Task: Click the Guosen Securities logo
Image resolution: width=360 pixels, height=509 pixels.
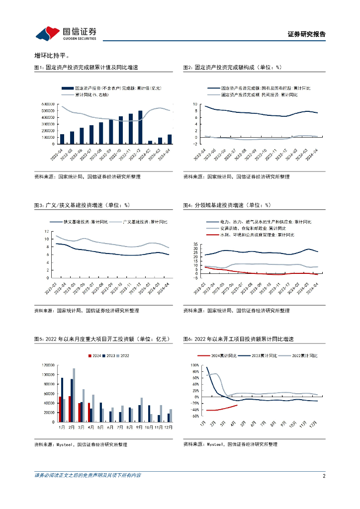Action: [66, 33]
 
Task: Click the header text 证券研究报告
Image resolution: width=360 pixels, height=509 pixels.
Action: [306, 34]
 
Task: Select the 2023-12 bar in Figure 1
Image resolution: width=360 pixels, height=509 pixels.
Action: [140, 127]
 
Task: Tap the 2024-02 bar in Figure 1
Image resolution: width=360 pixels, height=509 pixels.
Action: [150, 142]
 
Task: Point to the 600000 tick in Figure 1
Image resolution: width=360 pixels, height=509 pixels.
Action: [48, 104]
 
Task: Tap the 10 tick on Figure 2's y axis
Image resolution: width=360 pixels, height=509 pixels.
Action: [195, 104]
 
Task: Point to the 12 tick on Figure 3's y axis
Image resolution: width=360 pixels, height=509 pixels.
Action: [46, 232]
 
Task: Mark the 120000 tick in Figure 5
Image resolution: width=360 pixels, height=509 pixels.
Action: [48, 365]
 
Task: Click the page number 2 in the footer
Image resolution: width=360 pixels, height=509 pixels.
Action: [324, 476]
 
